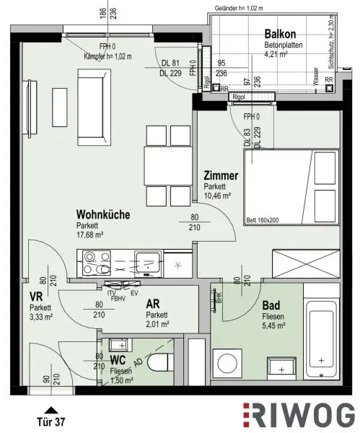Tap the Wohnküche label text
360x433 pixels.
(x=103, y=214)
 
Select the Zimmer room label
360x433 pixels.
(x=221, y=175)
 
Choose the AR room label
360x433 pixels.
(x=154, y=305)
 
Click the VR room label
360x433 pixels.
(x=35, y=297)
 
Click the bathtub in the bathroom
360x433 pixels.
(x=322, y=334)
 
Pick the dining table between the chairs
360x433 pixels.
(x=167, y=166)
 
